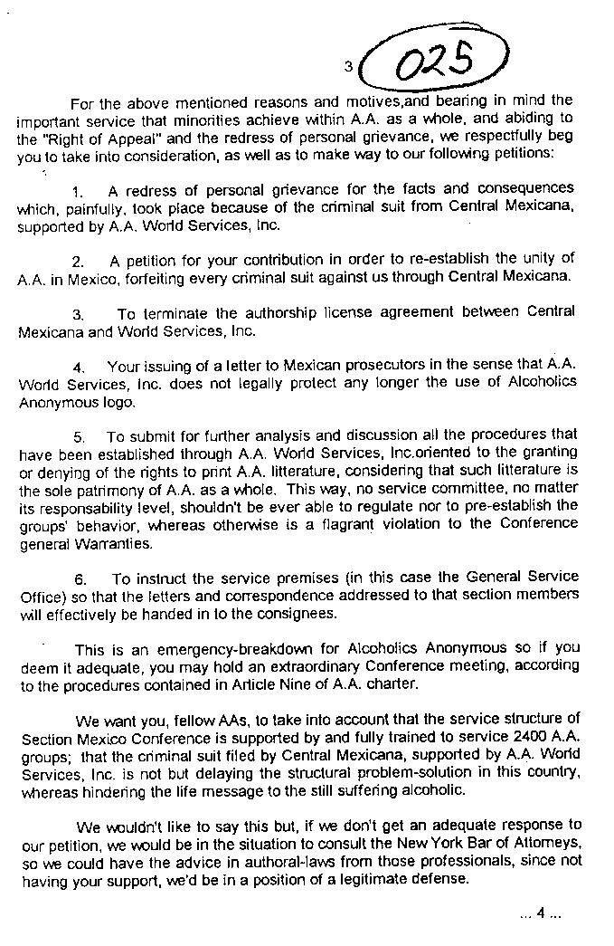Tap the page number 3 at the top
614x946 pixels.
[x=347, y=65]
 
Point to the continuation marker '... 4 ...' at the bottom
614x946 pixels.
[x=541, y=913]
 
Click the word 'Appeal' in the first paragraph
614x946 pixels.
[x=124, y=139]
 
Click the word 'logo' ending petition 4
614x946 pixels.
[x=119, y=402]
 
